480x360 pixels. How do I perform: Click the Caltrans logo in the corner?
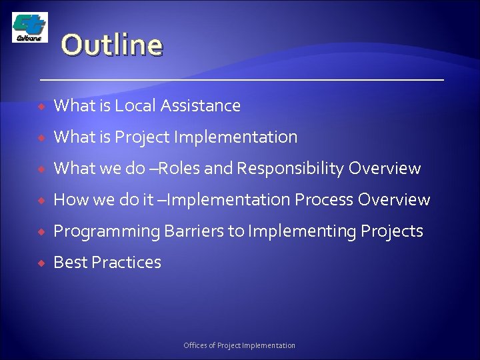click(x=29, y=28)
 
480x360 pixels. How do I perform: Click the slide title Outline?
click(x=112, y=46)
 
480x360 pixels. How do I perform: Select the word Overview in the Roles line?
click(x=385, y=169)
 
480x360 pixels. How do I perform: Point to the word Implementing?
click(x=302, y=232)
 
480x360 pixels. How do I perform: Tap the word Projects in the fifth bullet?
click(x=392, y=232)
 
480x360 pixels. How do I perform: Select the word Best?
click(x=69, y=263)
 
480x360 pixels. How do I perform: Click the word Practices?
click(x=126, y=263)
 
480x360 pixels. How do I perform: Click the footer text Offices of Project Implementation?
click(x=239, y=345)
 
